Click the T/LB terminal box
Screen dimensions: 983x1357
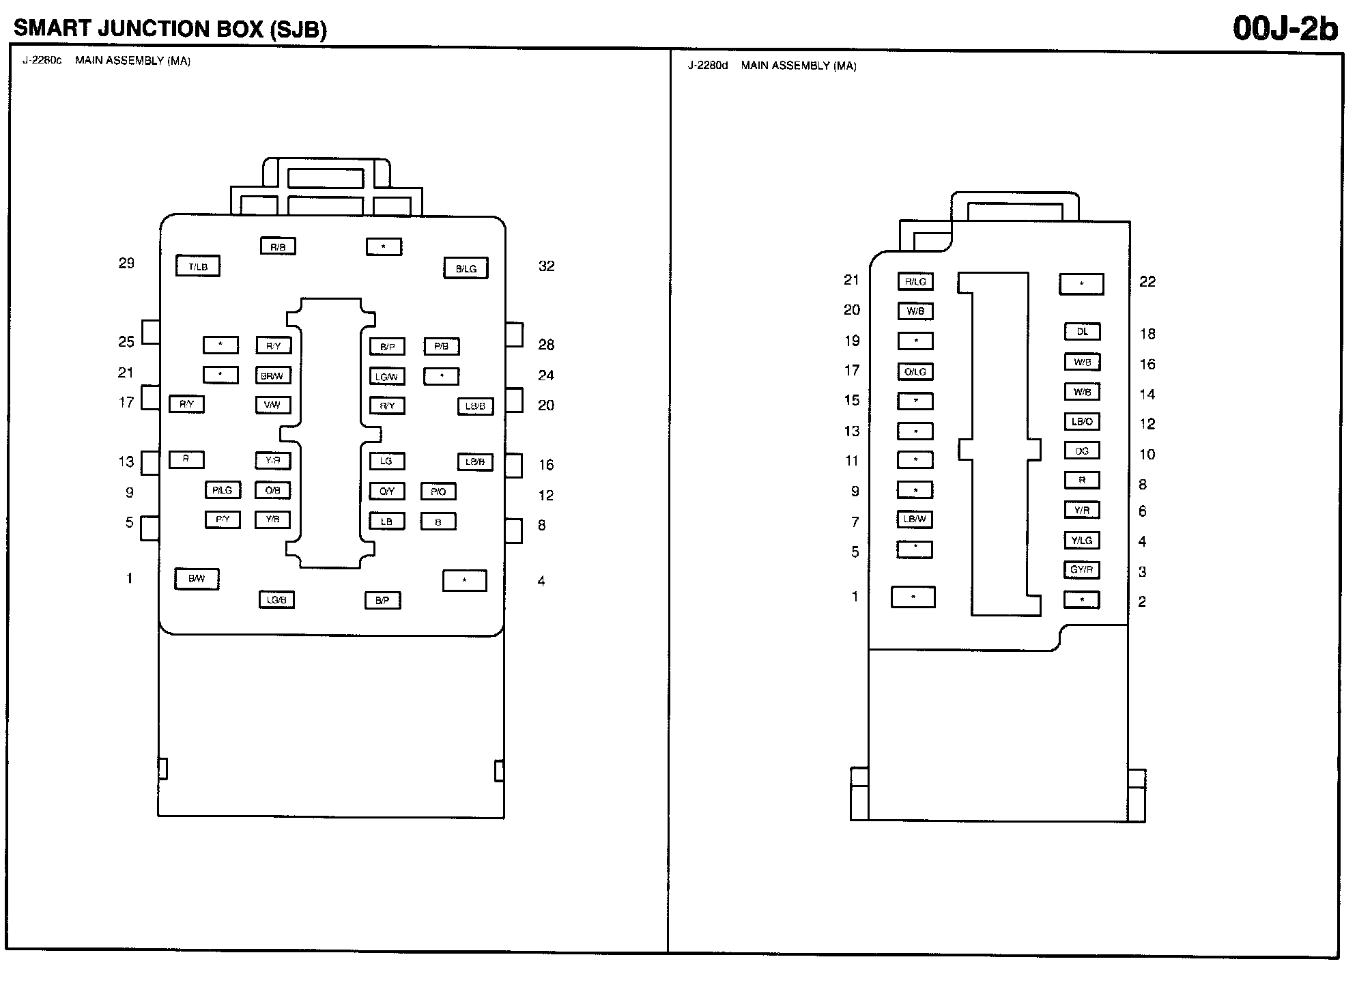point(198,266)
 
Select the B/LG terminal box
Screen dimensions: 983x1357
point(466,268)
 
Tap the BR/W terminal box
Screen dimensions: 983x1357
point(273,375)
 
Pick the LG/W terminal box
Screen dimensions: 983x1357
point(387,376)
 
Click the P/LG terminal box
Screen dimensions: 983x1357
point(223,490)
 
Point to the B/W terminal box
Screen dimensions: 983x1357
point(197,579)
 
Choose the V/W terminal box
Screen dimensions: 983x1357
point(273,405)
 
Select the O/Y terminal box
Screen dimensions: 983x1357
point(387,491)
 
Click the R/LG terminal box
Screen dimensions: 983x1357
point(915,281)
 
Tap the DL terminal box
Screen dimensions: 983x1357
point(1082,332)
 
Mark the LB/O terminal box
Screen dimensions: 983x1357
point(1082,421)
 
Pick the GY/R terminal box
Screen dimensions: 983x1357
point(1082,569)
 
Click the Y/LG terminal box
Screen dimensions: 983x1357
point(1082,540)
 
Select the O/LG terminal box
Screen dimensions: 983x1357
point(915,371)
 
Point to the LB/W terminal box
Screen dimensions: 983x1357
point(915,519)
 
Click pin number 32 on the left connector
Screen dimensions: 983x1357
point(546,266)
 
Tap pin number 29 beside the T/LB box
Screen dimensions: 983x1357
point(126,263)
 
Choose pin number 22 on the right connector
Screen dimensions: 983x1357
point(1147,282)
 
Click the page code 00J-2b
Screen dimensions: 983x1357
point(1285,29)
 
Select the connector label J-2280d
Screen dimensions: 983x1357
point(708,66)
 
